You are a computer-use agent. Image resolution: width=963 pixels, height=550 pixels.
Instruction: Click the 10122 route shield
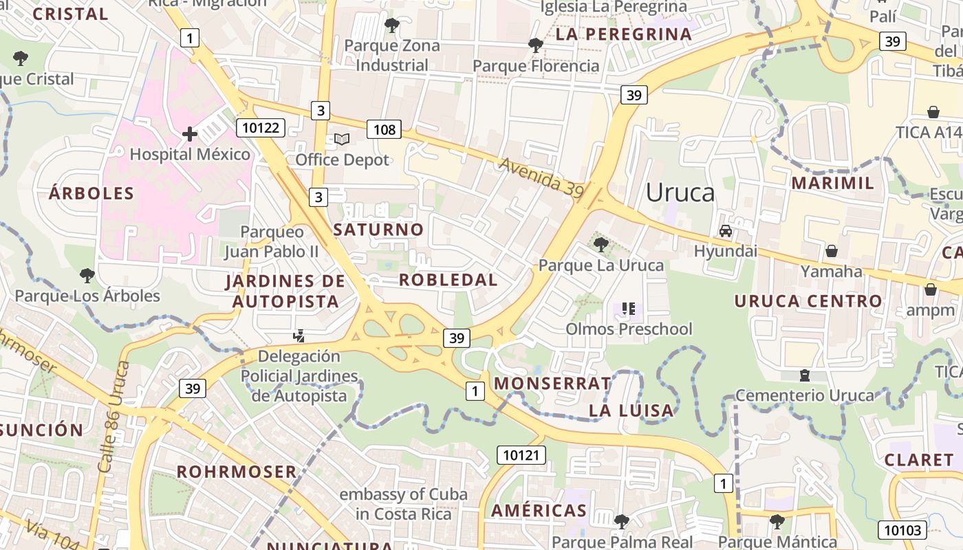(x=260, y=127)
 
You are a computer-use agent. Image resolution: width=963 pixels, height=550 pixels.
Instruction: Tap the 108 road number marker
(x=384, y=129)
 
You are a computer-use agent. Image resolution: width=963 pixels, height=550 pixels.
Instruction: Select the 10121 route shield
(x=521, y=454)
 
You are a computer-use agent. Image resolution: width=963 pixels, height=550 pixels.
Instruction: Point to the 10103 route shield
(x=902, y=530)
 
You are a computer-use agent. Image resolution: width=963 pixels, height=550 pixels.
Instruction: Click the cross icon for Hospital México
(x=190, y=134)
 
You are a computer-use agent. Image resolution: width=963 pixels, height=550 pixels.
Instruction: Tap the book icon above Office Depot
(x=342, y=140)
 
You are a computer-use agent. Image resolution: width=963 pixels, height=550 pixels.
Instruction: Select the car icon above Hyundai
(x=726, y=231)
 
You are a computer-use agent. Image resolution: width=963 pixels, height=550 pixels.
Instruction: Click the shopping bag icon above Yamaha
(x=832, y=251)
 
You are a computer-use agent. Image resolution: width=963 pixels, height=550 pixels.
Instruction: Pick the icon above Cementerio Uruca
(x=804, y=375)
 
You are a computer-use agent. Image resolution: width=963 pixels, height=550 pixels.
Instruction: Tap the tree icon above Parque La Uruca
(x=600, y=244)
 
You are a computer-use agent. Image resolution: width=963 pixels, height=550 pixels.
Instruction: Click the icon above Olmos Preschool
(x=628, y=309)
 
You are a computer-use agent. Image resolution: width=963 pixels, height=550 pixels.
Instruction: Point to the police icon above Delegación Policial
(x=299, y=336)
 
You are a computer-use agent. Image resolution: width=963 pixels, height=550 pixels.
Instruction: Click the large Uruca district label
(x=680, y=192)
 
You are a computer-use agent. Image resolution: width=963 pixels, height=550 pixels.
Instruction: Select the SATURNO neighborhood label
(x=378, y=230)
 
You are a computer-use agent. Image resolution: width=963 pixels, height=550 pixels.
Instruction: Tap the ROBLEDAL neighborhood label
(x=448, y=280)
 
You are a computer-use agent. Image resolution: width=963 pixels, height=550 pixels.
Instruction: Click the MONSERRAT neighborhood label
(x=552, y=383)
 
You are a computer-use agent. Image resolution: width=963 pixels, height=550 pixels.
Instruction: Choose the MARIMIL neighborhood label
(x=832, y=183)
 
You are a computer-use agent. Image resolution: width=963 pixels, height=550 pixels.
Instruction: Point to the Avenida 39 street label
(x=541, y=179)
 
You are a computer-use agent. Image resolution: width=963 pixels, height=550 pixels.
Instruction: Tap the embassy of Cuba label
(x=404, y=504)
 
